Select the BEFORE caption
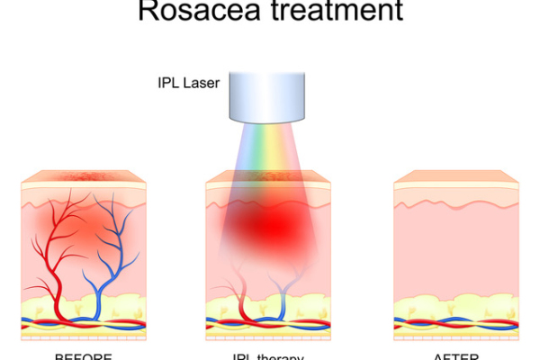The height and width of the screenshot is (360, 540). coord(83,356)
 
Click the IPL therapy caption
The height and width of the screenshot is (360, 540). coord(268,356)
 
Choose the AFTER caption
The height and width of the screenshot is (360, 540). coord(455,356)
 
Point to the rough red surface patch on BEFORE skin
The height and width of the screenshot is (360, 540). coord(83,175)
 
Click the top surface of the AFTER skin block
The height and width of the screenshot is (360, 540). coord(455,175)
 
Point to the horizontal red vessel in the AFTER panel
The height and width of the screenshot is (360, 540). coord(455,323)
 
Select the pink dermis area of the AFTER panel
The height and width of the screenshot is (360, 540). coord(455,252)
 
